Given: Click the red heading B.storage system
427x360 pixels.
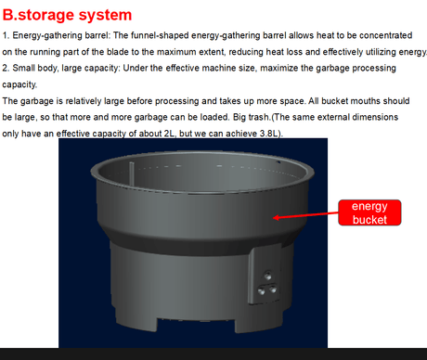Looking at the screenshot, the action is pos(67,15).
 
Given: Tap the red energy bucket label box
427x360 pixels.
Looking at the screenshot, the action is pos(369,212).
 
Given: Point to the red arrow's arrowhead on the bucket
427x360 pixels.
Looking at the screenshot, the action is pos(277,217).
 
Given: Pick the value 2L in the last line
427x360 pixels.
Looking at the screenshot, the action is pos(170,134).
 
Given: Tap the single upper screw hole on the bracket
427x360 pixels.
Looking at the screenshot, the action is pos(267,275).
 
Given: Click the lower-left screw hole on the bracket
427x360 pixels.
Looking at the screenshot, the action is pos(262,290).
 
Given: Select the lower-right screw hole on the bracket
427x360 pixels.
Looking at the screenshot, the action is pos(273,289).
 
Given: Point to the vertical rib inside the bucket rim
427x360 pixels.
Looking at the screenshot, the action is pos(132,174).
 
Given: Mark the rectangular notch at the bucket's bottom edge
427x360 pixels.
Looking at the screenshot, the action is pos(196,326).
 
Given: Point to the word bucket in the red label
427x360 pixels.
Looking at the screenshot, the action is pos(369,219).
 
